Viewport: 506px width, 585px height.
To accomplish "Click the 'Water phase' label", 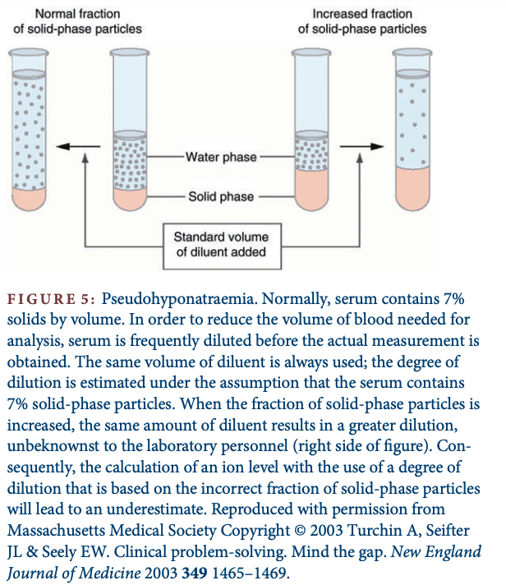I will tap(221, 157).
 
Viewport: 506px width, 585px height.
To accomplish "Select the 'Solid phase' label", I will tap(221, 196).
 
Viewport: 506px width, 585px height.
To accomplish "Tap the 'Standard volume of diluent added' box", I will tap(221, 244).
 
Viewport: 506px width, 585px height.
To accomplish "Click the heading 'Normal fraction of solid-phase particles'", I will tap(76, 21).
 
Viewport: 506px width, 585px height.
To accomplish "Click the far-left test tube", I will tap(30, 123).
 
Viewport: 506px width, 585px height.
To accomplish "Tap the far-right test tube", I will tap(411, 123).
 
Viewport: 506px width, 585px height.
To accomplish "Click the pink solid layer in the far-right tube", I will tap(411, 182).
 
